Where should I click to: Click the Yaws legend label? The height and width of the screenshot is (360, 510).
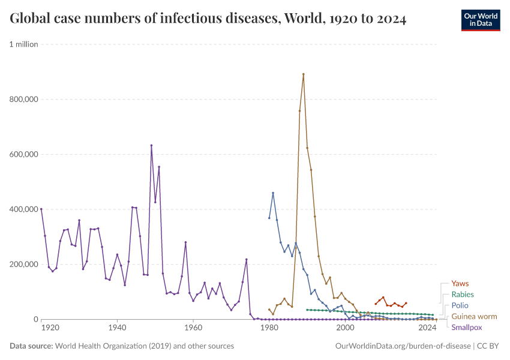pos(460,284)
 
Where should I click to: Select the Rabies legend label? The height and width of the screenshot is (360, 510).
pos(462,295)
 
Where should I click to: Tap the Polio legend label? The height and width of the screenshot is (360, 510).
pos(460,305)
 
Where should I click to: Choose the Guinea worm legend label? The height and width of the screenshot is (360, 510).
pos(473,316)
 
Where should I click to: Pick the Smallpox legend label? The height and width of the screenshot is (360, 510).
pos(466,328)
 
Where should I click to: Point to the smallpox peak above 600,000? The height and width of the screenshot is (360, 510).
pos(151,145)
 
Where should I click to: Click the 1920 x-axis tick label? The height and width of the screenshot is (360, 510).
pos(50,329)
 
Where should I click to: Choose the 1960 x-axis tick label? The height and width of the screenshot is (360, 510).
pos(193,329)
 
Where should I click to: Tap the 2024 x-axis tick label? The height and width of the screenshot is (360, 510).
pos(427,329)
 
